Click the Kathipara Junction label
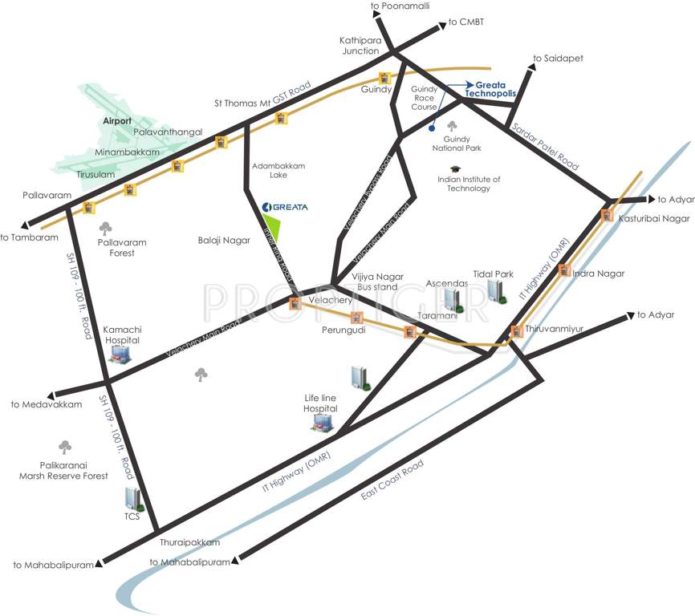(x=359, y=45)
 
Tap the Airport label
(x=117, y=120)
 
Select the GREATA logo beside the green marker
(x=285, y=207)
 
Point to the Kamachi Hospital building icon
(x=120, y=352)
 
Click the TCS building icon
(x=134, y=498)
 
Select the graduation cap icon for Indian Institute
(x=456, y=169)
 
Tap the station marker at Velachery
(x=295, y=303)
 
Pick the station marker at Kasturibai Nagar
(x=607, y=215)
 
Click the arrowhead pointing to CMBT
(x=442, y=26)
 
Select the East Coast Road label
(x=392, y=481)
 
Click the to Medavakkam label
(x=47, y=405)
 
